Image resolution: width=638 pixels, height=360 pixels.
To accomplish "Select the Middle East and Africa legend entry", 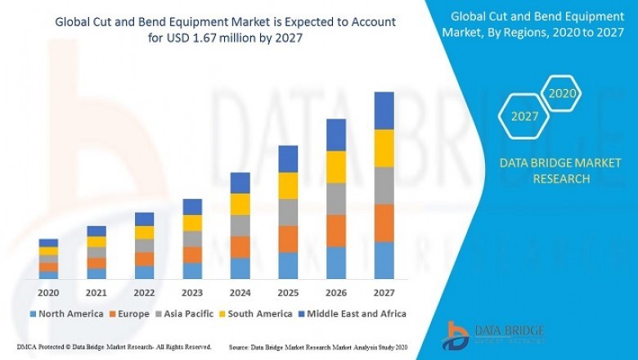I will tap(354, 313).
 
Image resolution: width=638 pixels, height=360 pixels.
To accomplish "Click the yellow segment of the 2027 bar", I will tap(384, 148).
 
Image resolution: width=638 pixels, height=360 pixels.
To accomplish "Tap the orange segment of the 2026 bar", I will tap(336, 231).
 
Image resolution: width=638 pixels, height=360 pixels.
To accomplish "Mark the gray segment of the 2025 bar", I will tap(288, 212).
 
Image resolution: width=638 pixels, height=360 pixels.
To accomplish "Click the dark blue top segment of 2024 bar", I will tap(240, 182).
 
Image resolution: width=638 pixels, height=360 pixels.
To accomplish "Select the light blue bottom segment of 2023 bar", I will tap(192, 270).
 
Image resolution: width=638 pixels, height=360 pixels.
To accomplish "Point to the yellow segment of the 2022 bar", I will tap(144, 232).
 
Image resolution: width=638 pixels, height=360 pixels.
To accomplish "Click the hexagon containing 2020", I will tap(562, 94).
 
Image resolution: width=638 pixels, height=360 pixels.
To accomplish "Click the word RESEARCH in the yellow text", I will tap(560, 179).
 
